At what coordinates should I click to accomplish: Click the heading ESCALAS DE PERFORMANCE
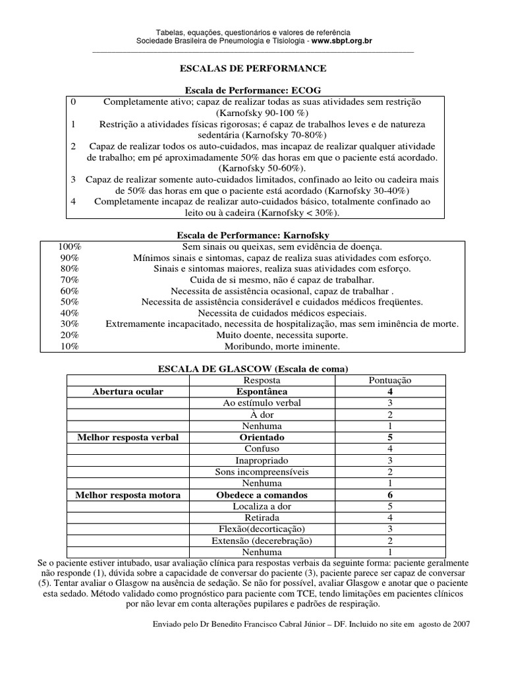click(254, 68)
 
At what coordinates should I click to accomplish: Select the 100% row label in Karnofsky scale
click(69, 246)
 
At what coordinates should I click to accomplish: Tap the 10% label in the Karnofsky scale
click(69, 346)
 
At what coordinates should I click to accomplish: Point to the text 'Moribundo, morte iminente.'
click(282, 346)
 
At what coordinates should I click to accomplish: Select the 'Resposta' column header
click(262, 380)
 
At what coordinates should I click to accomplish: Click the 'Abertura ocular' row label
click(129, 392)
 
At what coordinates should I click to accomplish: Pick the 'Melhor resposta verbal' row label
click(128, 438)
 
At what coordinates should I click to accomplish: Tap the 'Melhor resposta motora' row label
click(128, 495)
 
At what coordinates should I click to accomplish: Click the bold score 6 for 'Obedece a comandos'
click(390, 495)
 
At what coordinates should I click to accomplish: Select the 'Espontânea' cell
click(262, 392)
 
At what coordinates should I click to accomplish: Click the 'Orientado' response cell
click(262, 438)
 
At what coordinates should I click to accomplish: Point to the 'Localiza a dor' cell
click(262, 506)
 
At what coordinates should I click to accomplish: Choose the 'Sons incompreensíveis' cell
click(262, 472)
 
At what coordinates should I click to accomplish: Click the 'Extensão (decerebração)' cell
click(262, 541)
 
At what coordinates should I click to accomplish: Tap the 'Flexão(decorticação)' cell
click(262, 529)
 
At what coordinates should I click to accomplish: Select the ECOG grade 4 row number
click(73, 202)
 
